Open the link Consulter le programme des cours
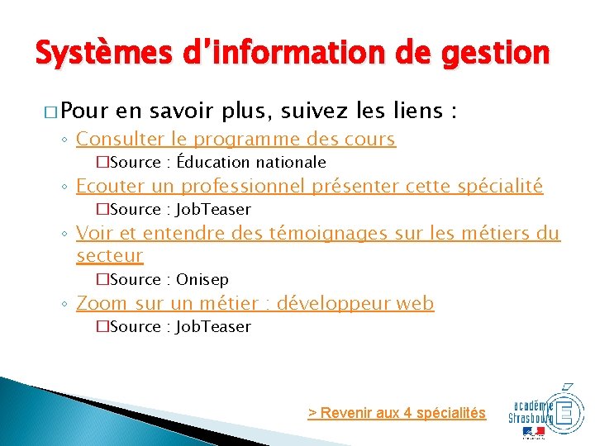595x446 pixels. tap(236, 139)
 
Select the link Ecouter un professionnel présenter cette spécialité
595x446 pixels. tap(309, 186)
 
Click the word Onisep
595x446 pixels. tap(202, 279)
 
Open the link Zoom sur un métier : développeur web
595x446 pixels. tap(255, 303)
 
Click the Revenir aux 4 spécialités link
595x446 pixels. tap(397, 413)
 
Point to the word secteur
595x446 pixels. tap(109, 256)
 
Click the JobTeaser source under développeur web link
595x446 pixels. tap(213, 326)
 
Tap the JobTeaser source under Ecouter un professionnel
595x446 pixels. tap(213, 210)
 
